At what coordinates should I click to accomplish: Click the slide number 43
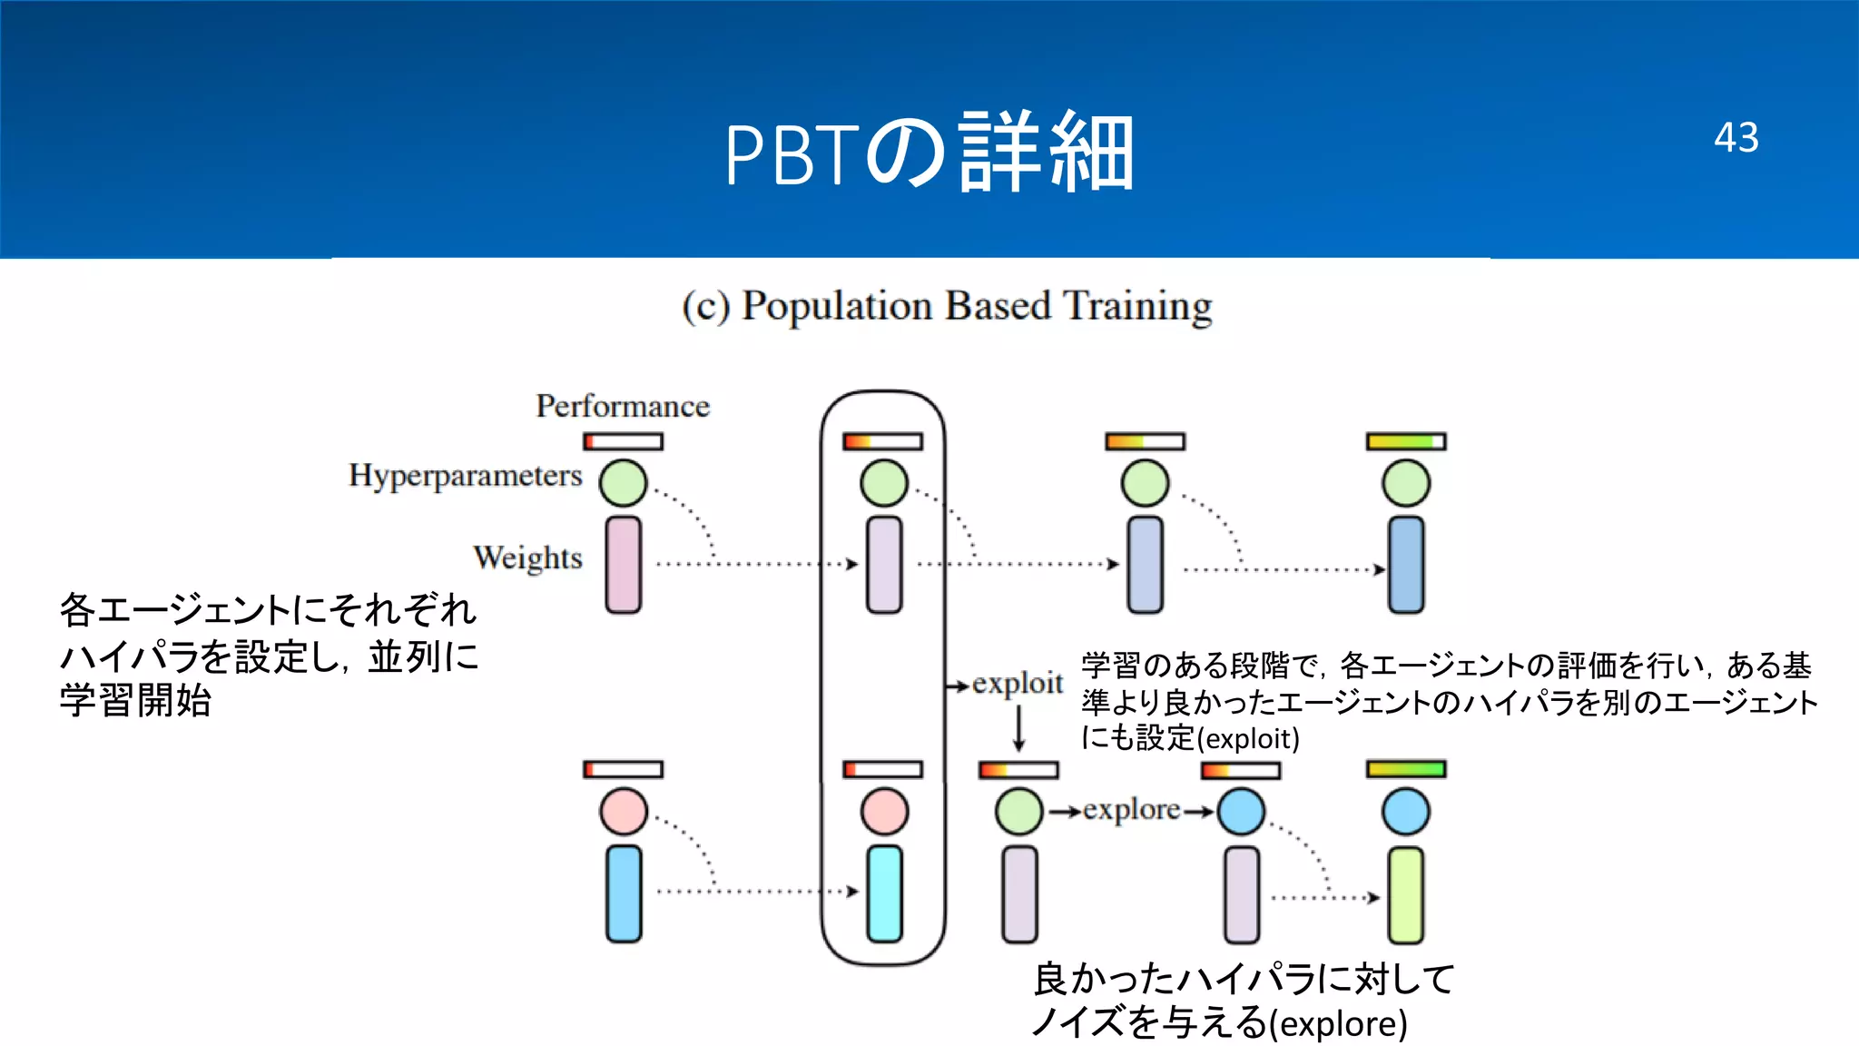tap(1736, 138)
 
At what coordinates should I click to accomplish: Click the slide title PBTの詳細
tap(929, 153)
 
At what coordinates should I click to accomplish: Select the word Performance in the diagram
tap(623, 406)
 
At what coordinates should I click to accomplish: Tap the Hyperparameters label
tap(465, 475)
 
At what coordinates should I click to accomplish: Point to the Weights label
tap(527, 557)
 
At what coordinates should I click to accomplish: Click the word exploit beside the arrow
tap(1018, 683)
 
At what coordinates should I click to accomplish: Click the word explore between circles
tap(1131, 809)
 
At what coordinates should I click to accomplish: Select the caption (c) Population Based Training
tap(947, 306)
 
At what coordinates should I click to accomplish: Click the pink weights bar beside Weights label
tap(624, 565)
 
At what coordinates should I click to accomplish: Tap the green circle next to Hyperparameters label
tap(624, 483)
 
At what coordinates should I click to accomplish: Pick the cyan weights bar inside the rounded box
tap(884, 893)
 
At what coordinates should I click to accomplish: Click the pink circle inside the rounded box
tap(884, 812)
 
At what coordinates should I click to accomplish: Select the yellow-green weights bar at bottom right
tap(1406, 895)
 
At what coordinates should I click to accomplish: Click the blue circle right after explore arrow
tap(1241, 812)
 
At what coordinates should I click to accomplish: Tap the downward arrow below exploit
tap(1018, 728)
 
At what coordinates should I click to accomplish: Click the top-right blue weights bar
tap(1406, 565)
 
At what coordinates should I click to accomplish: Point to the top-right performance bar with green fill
tap(1406, 442)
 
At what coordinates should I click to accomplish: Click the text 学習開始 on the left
tap(136, 700)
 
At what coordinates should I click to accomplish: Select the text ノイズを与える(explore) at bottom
tap(1219, 1023)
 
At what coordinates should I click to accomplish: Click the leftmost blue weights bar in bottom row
tap(624, 893)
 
